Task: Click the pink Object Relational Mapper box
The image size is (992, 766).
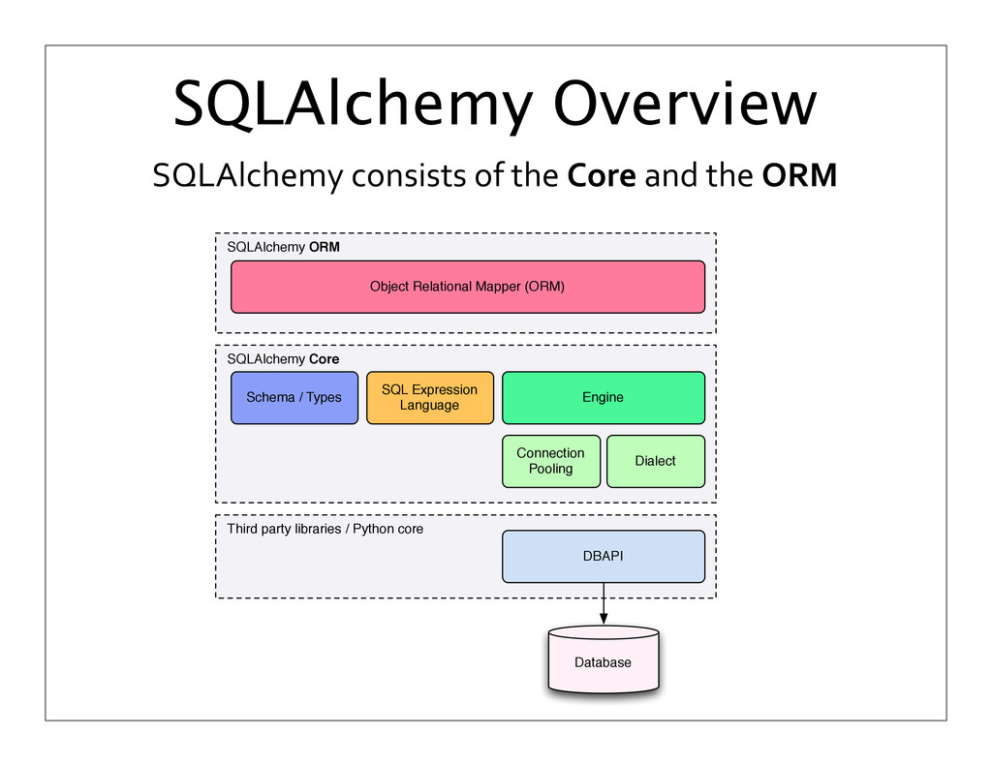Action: tap(467, 287)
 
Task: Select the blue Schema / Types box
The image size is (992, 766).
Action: tap(294, 397)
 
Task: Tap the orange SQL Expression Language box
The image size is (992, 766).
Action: tap(429, 397)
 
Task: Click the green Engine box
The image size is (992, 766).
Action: tap(603, 397)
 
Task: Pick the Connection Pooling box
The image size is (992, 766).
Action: tap(550, 461)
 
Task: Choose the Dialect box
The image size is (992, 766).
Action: tap(655, 461)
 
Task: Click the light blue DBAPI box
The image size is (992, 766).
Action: tap(603, 556)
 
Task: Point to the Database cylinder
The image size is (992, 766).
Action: tap(603, 662)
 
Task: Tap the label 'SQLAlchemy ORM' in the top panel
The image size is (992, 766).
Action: tap(283, 247)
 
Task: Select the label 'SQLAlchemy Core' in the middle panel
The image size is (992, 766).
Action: tap(283, 359)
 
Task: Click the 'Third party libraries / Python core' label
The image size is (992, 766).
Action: tap(325, 530)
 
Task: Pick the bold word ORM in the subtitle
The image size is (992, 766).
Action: tap(799, 177)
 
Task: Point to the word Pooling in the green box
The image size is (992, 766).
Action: tap(550, 469)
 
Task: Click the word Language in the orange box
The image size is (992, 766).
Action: tap(429, 405)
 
